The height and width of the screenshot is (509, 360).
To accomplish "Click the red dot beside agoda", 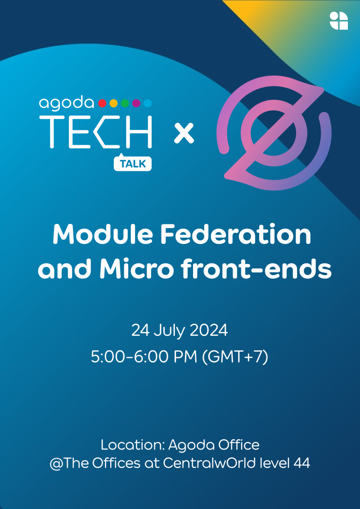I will click(102, 103).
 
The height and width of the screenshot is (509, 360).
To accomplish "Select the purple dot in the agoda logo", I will click(136, 103).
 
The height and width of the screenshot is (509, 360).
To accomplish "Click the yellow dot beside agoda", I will click(113, 103).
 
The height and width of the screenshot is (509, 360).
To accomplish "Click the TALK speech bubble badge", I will click(133, 163).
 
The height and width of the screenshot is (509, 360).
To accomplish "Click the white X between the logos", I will click(184, 134).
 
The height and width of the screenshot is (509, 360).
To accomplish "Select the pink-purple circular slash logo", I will click(274, 134).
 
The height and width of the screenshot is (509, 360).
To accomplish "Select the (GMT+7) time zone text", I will click(235, 357).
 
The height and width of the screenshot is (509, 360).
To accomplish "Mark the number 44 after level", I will click(301, 464).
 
